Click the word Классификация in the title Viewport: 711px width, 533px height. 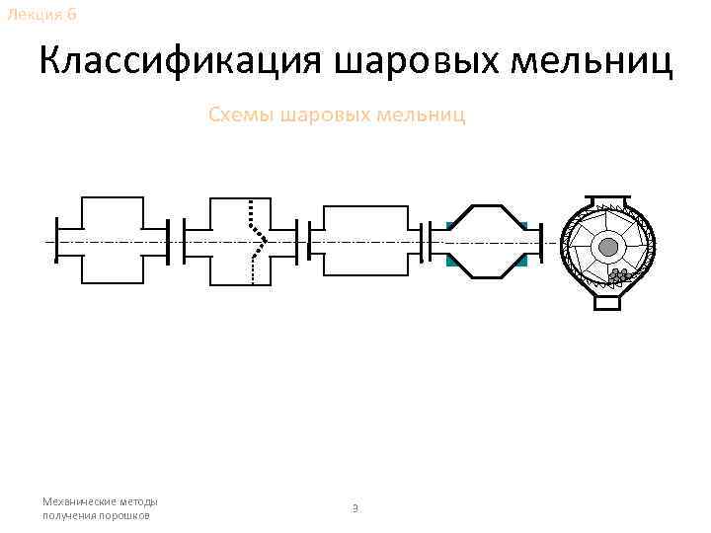(x=183, y=62)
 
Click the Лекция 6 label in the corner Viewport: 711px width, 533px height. (x=39, y=14)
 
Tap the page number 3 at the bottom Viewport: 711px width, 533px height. (x=355, y=508)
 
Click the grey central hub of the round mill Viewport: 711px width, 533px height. (x=609, y=246)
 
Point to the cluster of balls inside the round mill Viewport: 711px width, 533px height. (x=619, y=276)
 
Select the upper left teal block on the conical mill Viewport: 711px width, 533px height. (x=452, y=227)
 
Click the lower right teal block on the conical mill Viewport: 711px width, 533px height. (x=522, y=260)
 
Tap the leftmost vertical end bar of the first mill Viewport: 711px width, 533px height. (x=56, y=241)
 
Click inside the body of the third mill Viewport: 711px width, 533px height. (x=365, y=242)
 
